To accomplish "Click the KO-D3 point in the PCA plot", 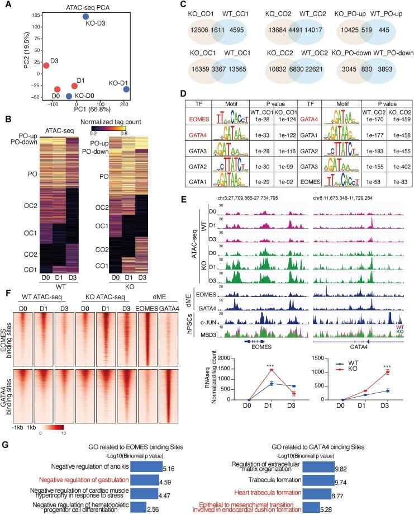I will [85, 17].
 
